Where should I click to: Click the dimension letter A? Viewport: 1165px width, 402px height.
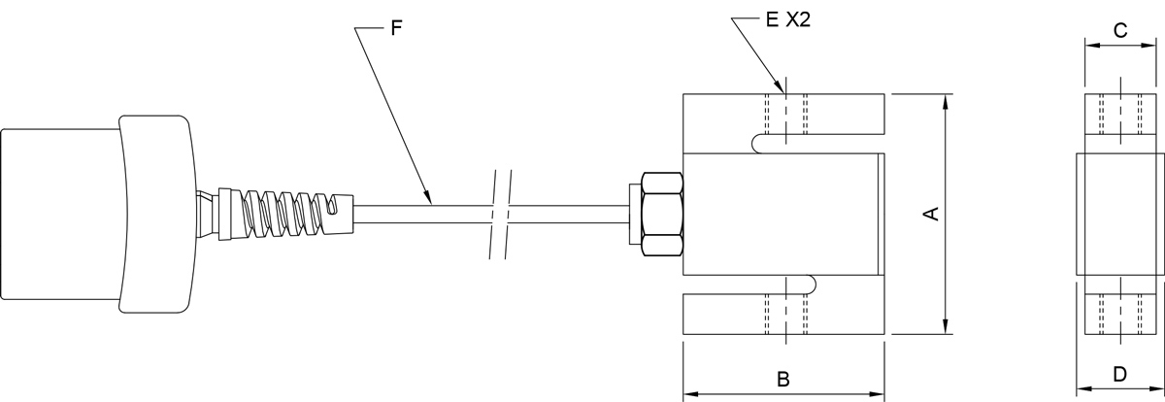point(931,214)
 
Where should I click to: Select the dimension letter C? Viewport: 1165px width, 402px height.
point(1119,30)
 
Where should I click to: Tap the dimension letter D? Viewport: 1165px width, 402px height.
point(1119,373)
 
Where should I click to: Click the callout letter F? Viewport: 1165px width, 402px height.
point(395,27)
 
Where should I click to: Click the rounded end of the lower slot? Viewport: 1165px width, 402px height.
point(812,285)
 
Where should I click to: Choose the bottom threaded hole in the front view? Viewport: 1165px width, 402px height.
point(784,314)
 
